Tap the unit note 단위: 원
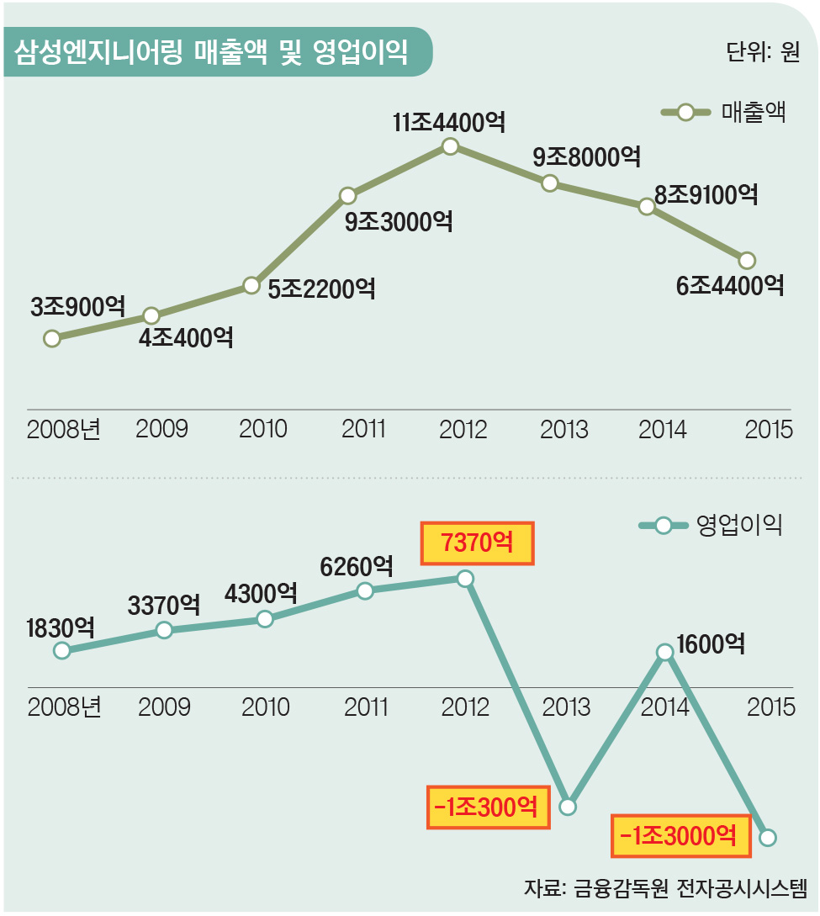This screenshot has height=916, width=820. click(761, 52)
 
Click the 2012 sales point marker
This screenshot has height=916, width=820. click(450, 146)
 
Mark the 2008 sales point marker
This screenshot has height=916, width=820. click(52, 338)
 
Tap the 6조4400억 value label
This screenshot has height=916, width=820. click(730, 285)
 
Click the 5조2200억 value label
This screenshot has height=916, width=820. click(322, 289)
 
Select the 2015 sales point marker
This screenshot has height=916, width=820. click(746, 259)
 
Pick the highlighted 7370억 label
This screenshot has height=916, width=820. click(477, 543)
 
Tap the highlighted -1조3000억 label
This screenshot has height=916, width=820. click(680, 835)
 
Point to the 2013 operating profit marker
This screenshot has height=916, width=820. click(568, 807)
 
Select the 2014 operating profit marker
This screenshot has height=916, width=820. click(664, 651)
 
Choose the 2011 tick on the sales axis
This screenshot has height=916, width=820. click(363, 429)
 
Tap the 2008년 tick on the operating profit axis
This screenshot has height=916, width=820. click(64, 707)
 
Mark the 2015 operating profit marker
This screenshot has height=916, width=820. click(767, 837)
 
